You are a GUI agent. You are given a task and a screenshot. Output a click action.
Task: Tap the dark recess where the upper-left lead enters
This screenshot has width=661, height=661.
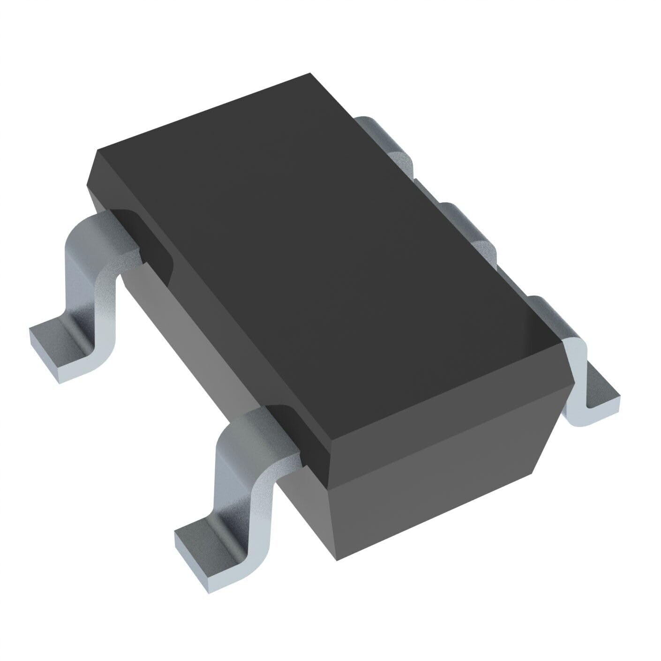pos(141,234)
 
